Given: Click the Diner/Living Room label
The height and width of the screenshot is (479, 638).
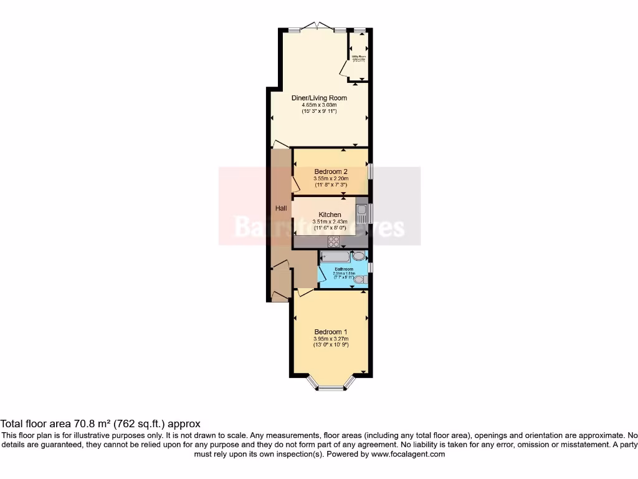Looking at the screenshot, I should tap(319, 98).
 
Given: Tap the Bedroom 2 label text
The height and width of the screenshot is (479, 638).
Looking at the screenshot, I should tap(330, 172).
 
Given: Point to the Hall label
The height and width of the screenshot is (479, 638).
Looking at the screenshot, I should tap(281, 208).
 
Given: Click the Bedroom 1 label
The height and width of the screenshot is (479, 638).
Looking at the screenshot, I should tap(330, 331).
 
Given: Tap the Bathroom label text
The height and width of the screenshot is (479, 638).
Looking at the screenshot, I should tap(343, 269).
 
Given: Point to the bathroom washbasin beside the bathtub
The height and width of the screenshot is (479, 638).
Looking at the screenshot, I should tap(359, 256).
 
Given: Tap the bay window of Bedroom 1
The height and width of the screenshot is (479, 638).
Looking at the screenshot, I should tap(331, 387).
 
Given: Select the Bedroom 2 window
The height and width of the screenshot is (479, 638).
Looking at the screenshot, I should tap(369, 172).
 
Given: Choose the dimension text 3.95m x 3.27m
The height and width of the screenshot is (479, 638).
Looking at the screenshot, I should tap(330, 338).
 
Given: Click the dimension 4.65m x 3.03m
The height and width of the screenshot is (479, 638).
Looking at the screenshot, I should tap(319, 105).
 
